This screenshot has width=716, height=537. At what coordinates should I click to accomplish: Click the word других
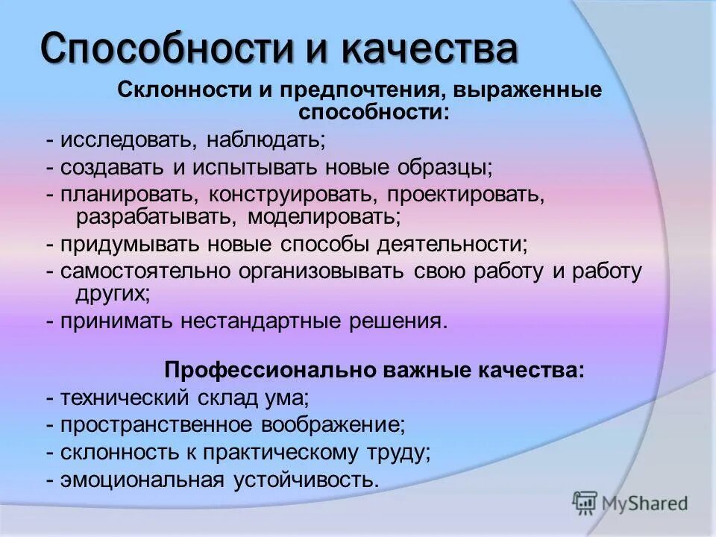112,294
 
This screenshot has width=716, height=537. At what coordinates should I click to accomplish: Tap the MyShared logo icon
584,503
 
